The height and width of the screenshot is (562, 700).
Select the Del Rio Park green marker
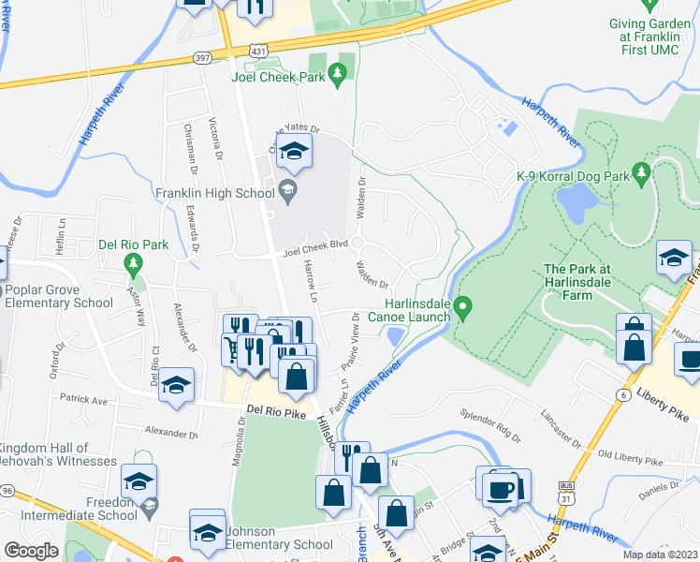click(134, 262)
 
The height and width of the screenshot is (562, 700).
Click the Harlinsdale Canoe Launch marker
click(462, 306)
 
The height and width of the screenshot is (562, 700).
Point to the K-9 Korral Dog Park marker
click(641, 173)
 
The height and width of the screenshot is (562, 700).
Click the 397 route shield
click(201, 59)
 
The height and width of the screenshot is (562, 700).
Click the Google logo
click(31, 551)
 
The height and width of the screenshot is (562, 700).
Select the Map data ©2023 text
click(661, 555)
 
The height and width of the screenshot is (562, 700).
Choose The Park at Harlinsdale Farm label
click(582, 282)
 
